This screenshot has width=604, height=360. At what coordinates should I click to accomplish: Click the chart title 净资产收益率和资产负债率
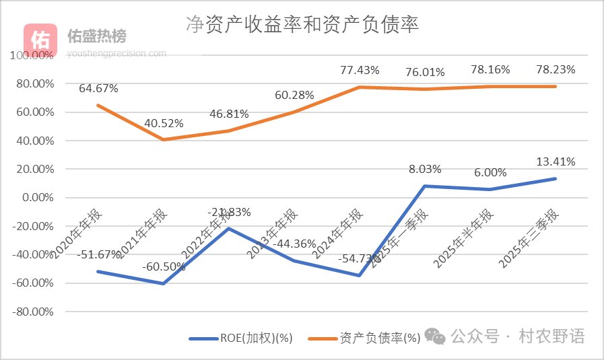click(x=302, y=25)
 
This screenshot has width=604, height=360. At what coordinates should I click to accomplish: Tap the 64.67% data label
click(x=98, y=88)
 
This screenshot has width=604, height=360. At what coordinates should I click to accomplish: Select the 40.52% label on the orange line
click(x=164, y=123)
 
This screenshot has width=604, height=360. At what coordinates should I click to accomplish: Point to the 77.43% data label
click(x=360, y=69)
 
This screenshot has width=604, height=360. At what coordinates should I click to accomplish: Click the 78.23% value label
click(x=556, y=69)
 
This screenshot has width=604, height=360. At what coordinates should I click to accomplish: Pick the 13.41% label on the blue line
click(x=556, y=161)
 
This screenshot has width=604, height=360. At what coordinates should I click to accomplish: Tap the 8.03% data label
click(x=425, y=169)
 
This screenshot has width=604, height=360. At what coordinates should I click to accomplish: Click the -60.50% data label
click(x=164, y=267)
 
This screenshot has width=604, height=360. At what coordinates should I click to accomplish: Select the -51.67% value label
click(x=98, y=255)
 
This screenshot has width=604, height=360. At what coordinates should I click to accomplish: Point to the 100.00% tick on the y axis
click(x=33, y=56)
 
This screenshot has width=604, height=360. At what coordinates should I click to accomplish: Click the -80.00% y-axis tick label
click(x=33, y=312)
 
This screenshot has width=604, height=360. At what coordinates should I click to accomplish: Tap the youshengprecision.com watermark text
click(x=116, y=52)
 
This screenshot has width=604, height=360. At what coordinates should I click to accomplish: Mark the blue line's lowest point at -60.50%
click(x=164, y=283)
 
